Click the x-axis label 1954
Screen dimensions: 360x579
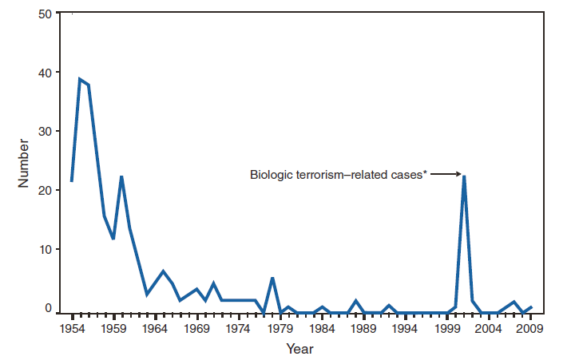click(72, 328)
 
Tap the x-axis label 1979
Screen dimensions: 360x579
click(280, 328)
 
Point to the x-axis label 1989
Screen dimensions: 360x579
click(363, 328)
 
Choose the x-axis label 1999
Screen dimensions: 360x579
click(447, 328)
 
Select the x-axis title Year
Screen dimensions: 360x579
click(300, 349)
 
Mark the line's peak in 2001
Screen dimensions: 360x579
click(464, 176)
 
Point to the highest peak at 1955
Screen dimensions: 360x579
click(80, 79)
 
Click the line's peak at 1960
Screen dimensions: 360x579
click(121, 176)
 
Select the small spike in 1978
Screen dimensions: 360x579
click(272, 278)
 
